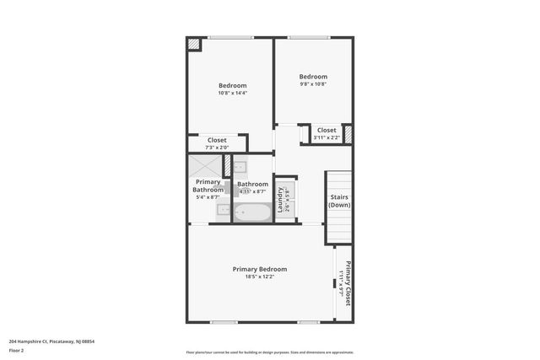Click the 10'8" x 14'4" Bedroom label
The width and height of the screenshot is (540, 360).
(x=232, y=86)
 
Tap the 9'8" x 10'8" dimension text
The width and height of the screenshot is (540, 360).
(x=312, y=84)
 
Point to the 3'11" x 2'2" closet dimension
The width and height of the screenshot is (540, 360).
(x=327, y=137)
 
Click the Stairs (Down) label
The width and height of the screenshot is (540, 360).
(x=339, y=201)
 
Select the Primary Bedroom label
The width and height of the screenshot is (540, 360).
(x=260, y=269)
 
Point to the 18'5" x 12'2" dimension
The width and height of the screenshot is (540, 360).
(x=260, y=277)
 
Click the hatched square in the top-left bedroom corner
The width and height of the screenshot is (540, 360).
(x=194, y=45)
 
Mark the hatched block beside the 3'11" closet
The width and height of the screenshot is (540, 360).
(x=347, y=133)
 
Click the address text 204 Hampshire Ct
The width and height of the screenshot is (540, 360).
(x=51, y=341)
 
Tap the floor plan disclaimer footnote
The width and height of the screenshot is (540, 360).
(x=269, y=352)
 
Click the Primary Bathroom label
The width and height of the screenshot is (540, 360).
(x=208, y=185)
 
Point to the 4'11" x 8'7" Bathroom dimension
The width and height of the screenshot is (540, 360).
(x=252, y=191)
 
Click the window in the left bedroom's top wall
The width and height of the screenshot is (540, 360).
(x=230, y=37)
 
